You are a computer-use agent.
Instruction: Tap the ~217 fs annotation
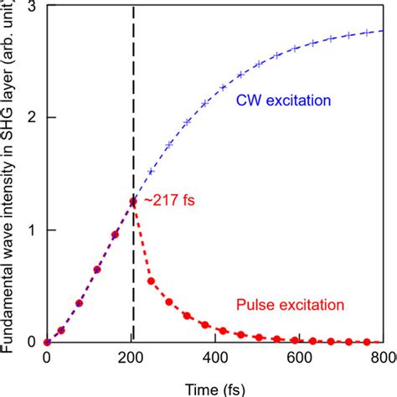(168, 202)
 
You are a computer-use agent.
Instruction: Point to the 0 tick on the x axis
(47, 358)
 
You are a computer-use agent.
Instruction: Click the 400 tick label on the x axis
(215, 358)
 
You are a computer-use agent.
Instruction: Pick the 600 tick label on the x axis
(299, 358)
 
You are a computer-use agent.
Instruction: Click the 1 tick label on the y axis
(29, 230)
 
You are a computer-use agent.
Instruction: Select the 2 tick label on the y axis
(29, 118)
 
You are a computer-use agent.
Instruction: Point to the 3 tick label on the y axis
(29, 7)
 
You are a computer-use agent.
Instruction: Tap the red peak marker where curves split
(133, 201)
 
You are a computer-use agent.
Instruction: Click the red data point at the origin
(47, 342)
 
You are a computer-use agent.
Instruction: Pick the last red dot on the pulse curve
(368, 342)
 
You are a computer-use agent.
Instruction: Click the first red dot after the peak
(151, 281)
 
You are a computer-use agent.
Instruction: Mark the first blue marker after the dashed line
(151, 171)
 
